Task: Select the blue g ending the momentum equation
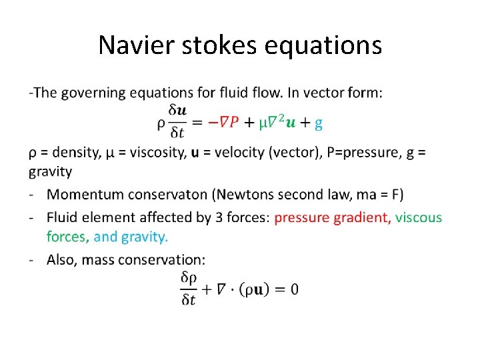click(319, 123)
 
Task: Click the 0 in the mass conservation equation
click(294, 289)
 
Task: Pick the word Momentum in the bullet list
click(83, 195)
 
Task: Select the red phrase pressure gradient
click(332, 217)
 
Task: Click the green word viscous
click(419, 217)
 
